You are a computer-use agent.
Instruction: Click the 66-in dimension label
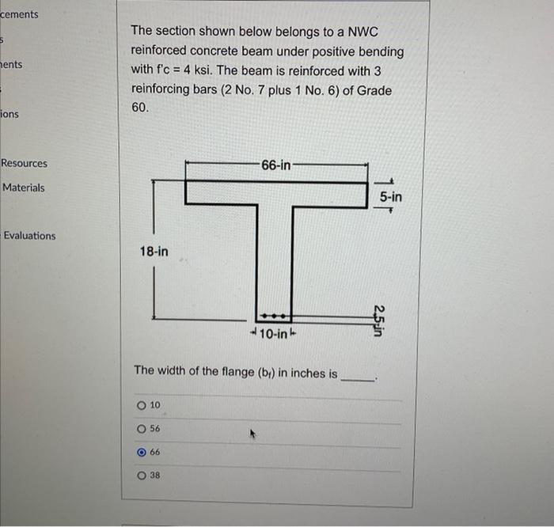pyautogui.click(x=275, y=165)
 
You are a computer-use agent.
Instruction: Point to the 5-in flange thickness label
pyautogui.click(x=389, y=196)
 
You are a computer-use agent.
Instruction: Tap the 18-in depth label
pyautogui.click(x=154, y=252)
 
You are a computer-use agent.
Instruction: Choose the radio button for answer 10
pyautogui.click(x=142, y=405)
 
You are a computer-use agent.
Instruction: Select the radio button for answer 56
pyautogui.click(x=142, y=429)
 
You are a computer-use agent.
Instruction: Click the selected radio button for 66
pyautogui.click(x=142, y=453)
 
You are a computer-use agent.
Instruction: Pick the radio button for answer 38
pyautogui.click(x=142, y=476)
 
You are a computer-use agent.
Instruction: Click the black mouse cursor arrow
pyautogui.click(x=253, y=434)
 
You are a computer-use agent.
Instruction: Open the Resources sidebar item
pyautogui.click(x=24, y=164)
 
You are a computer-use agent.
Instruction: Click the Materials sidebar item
pyautogui.click(x=24, y=188)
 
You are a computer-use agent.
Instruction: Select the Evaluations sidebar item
pyautogui.click(x=29, y=236)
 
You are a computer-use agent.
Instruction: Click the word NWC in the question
pyautogui.click(x=363, y=32)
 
